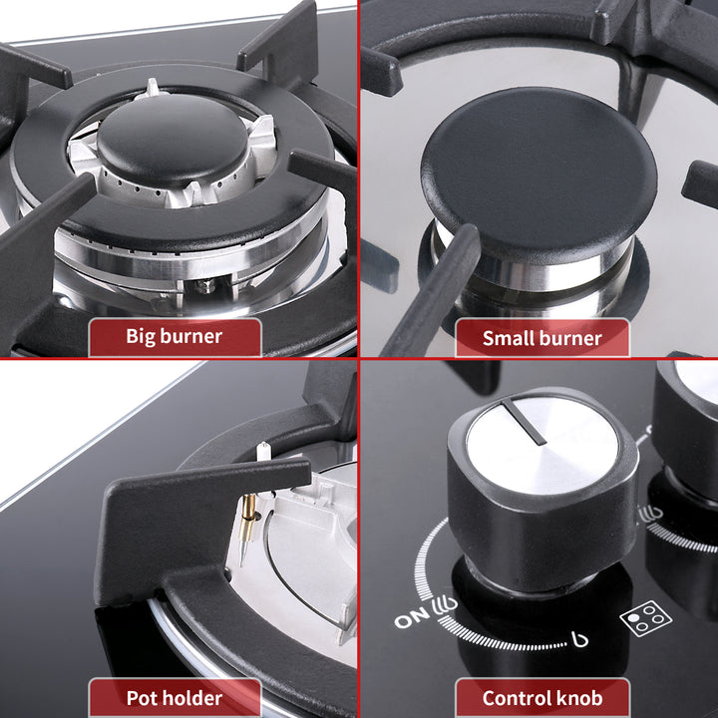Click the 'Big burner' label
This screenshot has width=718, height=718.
174,337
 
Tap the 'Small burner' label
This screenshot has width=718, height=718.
541,338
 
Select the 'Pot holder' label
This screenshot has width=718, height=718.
174,698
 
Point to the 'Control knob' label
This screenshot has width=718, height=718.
542,698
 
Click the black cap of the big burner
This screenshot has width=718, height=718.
173,138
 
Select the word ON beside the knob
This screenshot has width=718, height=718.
412,618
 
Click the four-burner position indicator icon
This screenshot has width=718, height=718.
645,618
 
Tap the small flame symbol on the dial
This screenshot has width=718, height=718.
580,639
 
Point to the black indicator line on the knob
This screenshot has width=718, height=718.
524,421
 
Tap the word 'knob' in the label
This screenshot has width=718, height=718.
581,698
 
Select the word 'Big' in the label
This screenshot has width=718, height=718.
141,337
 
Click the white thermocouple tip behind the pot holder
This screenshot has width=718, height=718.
262,451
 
